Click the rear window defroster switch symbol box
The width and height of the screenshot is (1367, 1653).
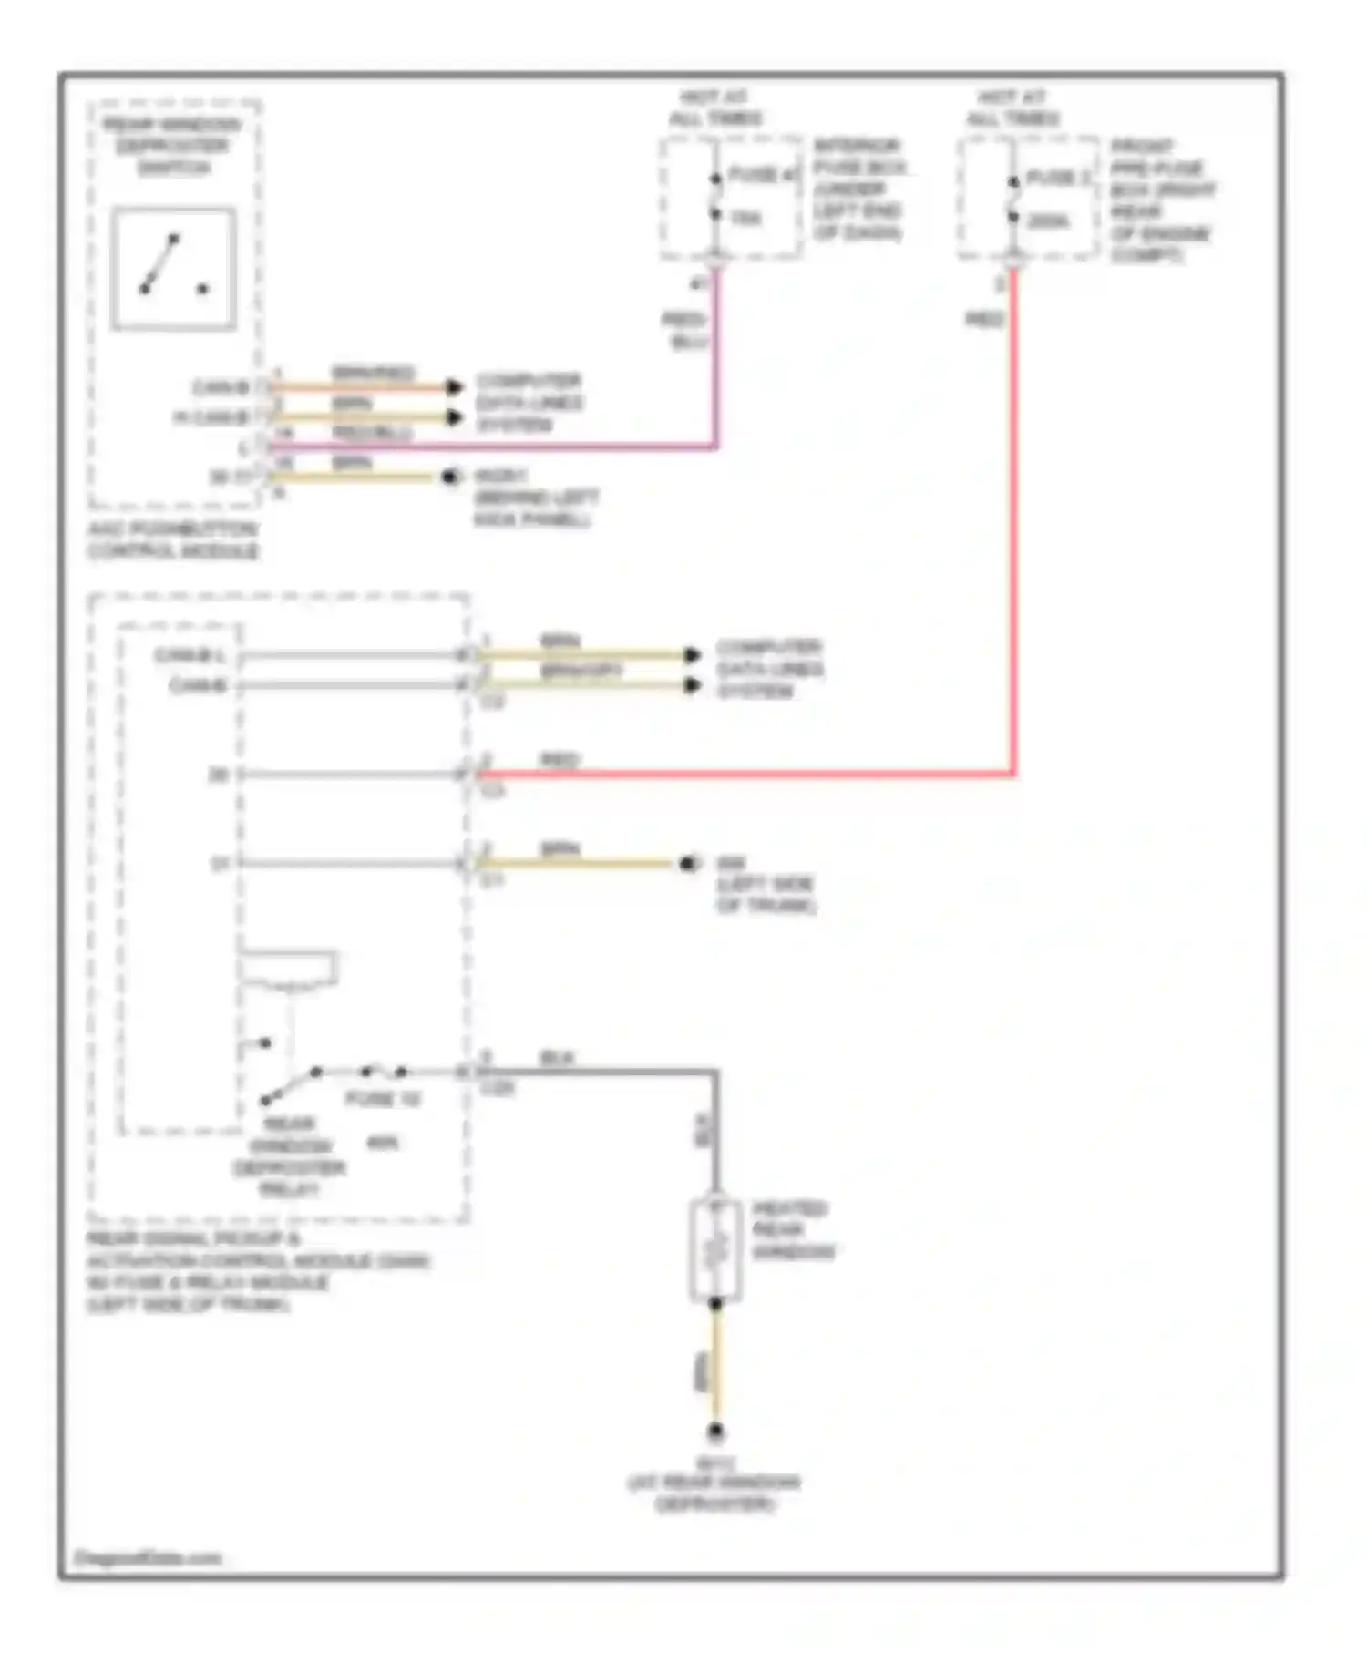[173, 269]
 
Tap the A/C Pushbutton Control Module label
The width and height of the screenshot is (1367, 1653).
[172, 540]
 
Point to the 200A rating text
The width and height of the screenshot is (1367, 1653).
[1049, 221]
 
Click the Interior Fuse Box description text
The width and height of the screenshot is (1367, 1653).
[858, 190]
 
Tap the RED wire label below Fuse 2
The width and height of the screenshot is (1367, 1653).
[984, 319]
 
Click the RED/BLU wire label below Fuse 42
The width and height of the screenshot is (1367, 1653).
[684, 330]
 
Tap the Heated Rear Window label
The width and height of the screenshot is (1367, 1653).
[791, 1230]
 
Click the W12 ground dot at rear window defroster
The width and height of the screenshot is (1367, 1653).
[715, 1432]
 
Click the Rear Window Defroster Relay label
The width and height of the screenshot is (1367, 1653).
[289, 1156]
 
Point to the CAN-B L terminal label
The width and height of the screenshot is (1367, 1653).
[189, 655]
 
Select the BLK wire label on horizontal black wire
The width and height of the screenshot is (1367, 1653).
[556, 1058]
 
